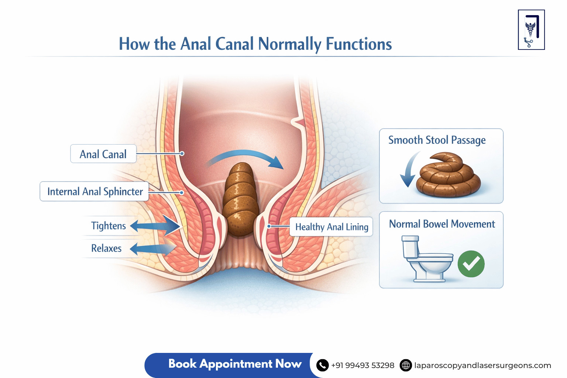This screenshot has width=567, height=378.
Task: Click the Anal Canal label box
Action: point(103,154)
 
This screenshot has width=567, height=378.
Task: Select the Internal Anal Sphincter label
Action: point(94,191)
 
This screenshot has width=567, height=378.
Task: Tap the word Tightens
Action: point(108,226)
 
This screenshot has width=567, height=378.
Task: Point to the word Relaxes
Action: point(106,248)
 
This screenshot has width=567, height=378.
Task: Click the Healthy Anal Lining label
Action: point(331,227)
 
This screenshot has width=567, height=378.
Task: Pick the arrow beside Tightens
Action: point(155,226)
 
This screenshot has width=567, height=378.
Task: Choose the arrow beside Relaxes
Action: point(153,248)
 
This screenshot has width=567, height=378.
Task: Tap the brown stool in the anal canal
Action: point(240,199)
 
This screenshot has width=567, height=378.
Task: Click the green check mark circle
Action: point(471,264)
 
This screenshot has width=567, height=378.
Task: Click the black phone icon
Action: point(323,365)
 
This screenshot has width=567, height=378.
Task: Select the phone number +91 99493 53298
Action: point(362,365)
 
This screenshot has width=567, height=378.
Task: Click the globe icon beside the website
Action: point(406,365)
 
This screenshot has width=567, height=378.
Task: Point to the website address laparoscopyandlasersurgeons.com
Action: point(482,365)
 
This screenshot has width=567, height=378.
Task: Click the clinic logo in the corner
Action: point(531,30)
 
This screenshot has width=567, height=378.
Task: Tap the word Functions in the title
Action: point(358,44)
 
